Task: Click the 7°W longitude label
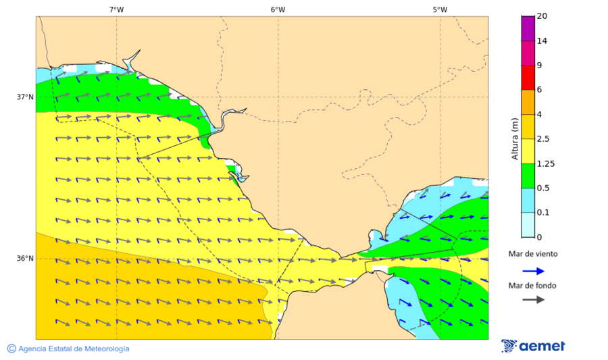[x=116, y=9]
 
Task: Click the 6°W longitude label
[x=278, y=9]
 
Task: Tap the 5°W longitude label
[x=440, y=9]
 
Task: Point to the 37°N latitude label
[x=25, y=97]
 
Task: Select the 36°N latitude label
[x=25, y=259]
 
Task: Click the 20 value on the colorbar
[x=541, y=16]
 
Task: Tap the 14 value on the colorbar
[x=541, y=41]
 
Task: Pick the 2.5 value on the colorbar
[x=542, y=139]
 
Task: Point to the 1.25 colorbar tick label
[x=544, y=163]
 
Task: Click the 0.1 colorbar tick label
[x=542, y=213]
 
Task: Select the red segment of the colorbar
[x=528, y=78]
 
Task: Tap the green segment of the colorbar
[x=528, y=176]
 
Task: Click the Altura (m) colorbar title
[x=515, y=138]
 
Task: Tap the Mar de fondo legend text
[x=533, y=286]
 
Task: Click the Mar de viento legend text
[x=533, y=254]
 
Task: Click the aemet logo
[x=533, y=346]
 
